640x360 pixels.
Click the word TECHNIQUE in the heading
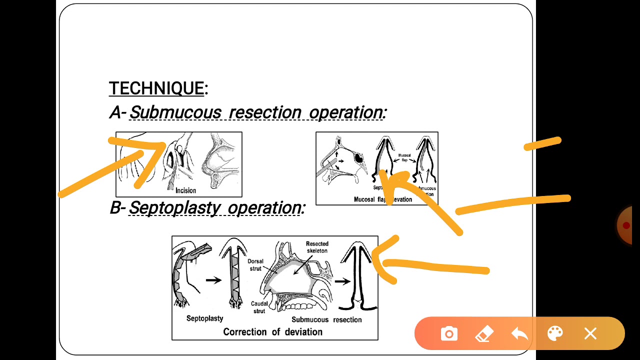[156, 88]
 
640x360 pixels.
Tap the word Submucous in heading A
[175, 112]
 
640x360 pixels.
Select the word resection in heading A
[265, 112]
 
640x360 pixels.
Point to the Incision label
[185, 190]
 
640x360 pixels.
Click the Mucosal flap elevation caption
[383, 199]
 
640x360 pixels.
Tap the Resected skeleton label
[317, 247]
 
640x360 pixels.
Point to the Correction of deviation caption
[272, 332]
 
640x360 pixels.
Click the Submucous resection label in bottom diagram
[326, 319]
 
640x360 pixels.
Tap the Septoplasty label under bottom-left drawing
[204, 318]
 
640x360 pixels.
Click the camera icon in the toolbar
[449, 333]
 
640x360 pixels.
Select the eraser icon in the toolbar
[483, 333]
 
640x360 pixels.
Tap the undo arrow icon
[519, 333]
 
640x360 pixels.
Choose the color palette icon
[555, 333]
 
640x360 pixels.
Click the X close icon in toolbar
[590, 333]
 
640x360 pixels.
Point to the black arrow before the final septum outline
[342, 281]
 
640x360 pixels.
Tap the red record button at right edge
[626, 225]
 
